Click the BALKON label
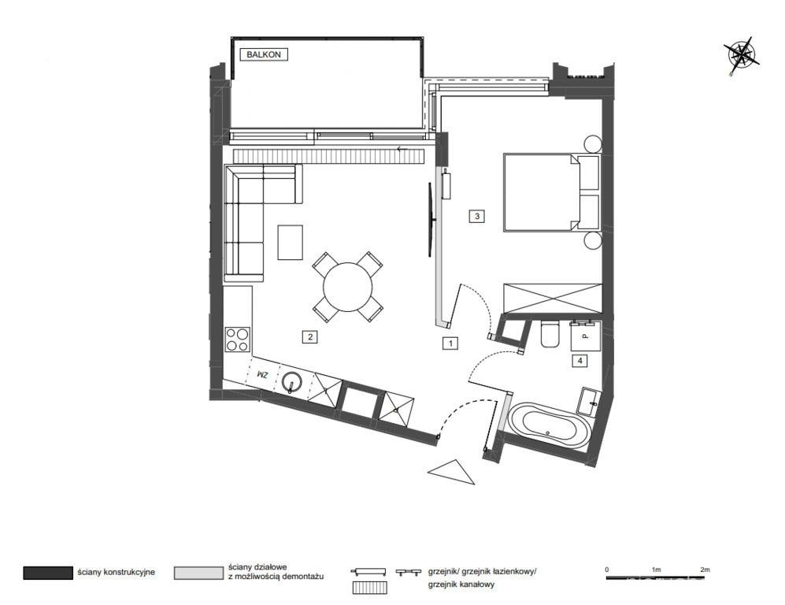pos(264,54)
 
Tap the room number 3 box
pos(476,217)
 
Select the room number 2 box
pos(310,337)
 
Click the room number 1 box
pos(450,343)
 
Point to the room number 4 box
pos(579,360)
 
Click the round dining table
pos(348,287)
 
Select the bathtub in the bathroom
pos(550,425)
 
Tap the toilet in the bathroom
pos(550,335)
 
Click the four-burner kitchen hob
pos(237,339)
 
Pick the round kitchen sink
pos(291,383)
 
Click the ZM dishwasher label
pos(262,375)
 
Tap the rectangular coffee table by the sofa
pos(291,243)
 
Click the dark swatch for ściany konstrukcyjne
pos(48,573)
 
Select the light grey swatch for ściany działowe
pos(198,573)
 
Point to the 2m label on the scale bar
pos(705,570)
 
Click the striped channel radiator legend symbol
pos(369,587)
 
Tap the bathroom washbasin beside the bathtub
pos(589,402)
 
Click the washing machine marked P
pos(585,336)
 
